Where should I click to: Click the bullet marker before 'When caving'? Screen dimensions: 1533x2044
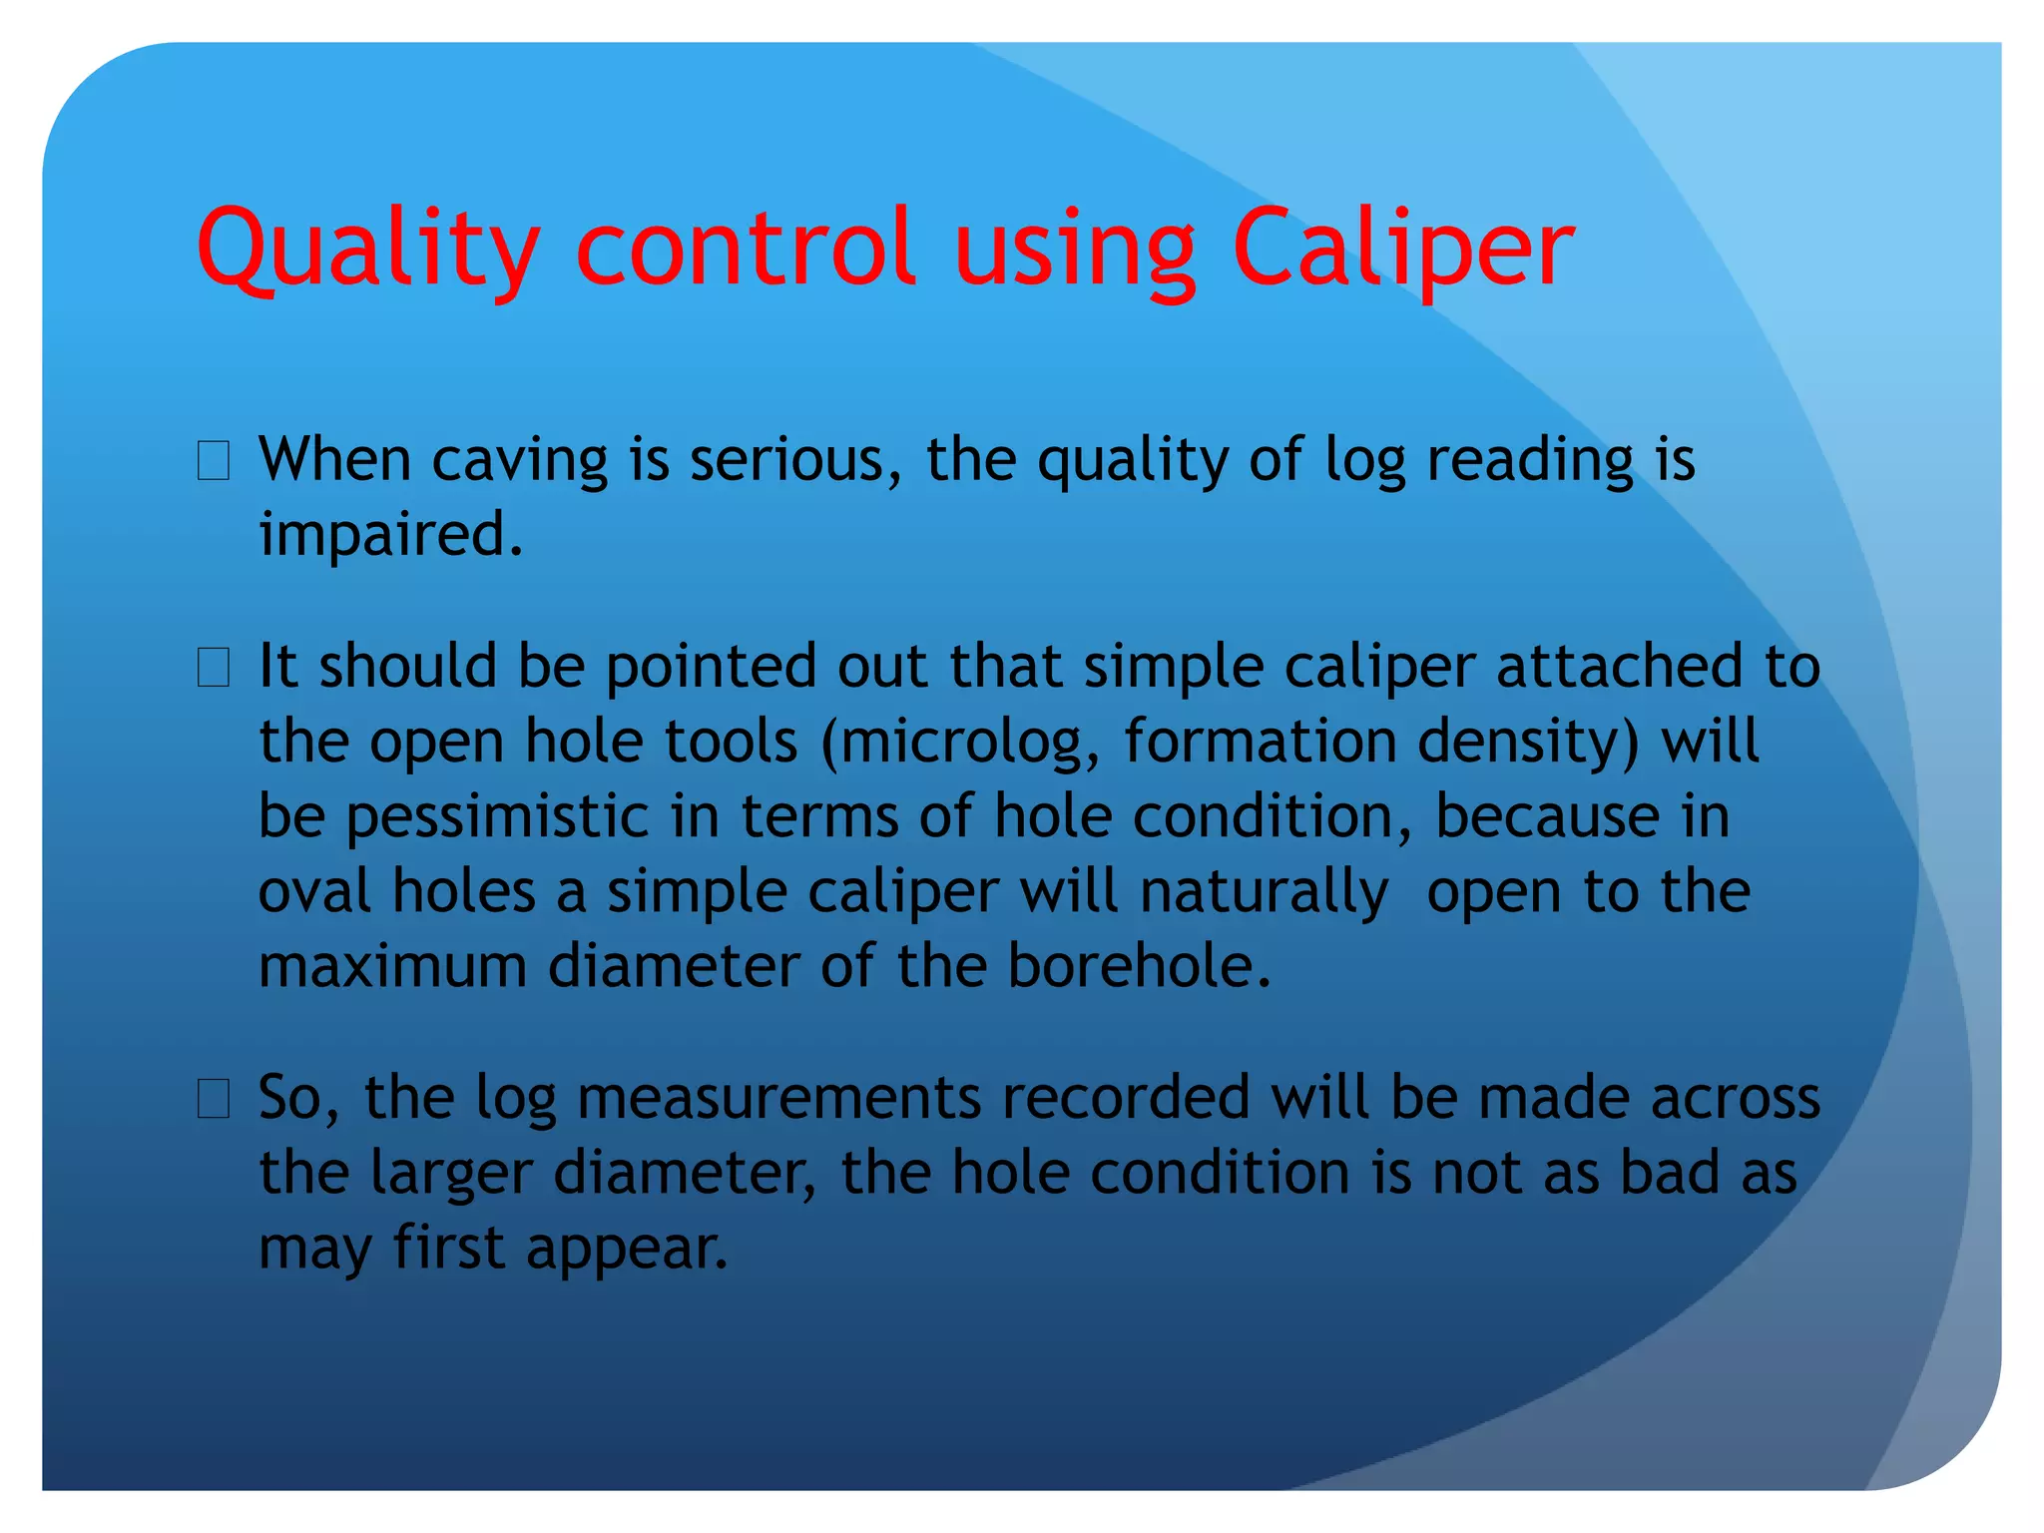214,462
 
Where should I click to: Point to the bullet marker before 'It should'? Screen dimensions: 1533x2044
214,668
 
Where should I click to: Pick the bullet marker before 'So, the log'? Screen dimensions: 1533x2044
214,1099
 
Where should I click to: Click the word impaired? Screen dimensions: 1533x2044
390,535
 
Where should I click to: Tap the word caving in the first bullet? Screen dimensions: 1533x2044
519,461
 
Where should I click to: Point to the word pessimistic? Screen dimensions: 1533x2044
497,816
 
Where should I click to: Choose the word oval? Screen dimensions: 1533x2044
313,891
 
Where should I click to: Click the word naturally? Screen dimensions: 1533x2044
1263,893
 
